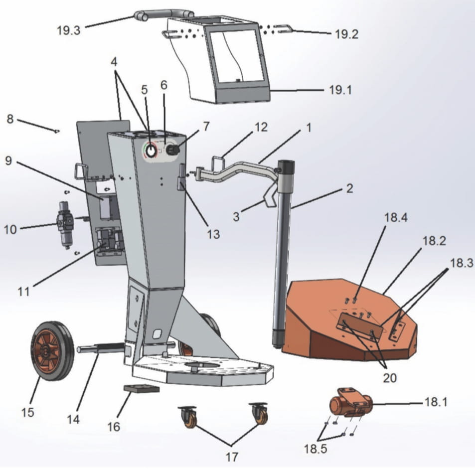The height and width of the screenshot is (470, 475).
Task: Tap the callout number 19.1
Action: pyautogui.click(x=340, y=91)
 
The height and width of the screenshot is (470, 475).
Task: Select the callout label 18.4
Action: pyautogui.click(x=395, y=218)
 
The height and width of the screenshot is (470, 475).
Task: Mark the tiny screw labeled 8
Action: pyautogui.click(x=57, y=131)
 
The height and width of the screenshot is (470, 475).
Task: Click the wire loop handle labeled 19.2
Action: pyautogui.click(x=282, y=28)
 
